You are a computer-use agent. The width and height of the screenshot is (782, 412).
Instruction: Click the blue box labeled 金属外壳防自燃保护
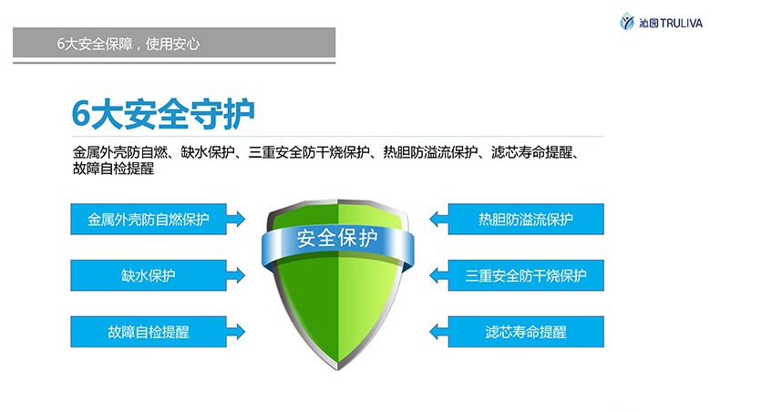click(149, 219)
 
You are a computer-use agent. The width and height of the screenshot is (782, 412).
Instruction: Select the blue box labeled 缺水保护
click(149, 275)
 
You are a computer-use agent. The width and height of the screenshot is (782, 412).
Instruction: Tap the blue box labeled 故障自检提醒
click(149, 332)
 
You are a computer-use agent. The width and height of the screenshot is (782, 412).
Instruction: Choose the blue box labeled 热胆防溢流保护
click(526, 219)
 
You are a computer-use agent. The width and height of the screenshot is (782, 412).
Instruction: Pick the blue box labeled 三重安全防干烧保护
click(526, 275)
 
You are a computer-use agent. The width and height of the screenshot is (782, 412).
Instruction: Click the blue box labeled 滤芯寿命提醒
click(526, 332)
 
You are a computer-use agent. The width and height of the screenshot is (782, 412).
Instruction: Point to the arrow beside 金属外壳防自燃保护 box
click(236, 219)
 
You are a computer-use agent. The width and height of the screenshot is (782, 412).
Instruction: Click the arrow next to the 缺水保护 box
click(236, 275)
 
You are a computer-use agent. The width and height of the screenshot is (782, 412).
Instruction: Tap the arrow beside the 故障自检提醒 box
click(236, 332)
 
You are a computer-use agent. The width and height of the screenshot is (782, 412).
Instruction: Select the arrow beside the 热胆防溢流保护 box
click(438, 219)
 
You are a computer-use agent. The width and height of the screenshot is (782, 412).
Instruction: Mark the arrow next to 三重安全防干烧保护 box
click(438, 275)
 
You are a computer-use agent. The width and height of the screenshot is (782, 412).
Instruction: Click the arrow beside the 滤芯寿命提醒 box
click(438, 332)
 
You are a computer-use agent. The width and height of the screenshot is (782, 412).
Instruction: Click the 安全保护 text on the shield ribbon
click(337, 238)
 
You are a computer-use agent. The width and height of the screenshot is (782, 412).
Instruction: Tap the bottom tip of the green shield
click(337, 369)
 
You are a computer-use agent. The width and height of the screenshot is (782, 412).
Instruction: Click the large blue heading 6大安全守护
click(163, 114)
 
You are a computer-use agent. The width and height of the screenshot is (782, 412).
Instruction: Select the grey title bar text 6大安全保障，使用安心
click(129, 44)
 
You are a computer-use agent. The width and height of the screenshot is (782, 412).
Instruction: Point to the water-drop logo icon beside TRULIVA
click(627, 22)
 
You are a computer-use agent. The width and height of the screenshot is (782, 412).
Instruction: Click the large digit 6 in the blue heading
click(81, 115)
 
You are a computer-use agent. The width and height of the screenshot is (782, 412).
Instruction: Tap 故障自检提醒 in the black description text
click(113, 169)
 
